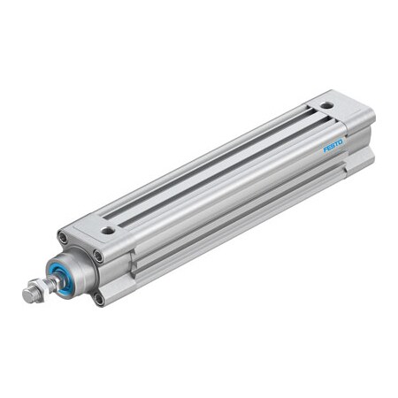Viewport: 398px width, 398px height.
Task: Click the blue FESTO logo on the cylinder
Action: click(333, 142)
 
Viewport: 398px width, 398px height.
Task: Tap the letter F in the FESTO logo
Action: click(324, 148)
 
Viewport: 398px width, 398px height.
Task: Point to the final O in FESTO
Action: click(341, 135)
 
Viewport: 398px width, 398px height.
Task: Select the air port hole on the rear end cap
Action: click(327, 105)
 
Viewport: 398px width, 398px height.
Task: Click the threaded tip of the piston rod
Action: click(27, 295)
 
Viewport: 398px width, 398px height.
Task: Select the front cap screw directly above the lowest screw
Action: click(97, 256)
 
